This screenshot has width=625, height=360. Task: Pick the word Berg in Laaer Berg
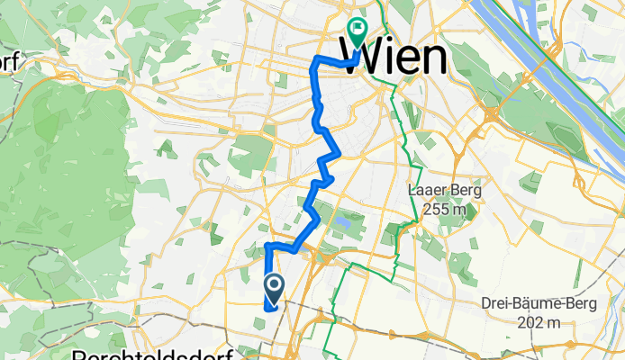[x=466, y=191]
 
